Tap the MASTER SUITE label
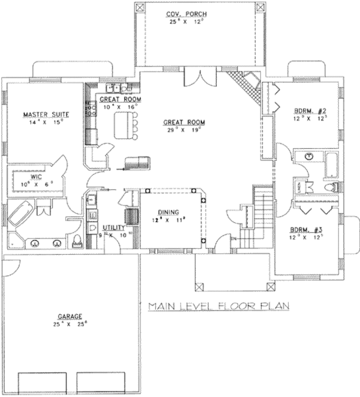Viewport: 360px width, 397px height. [46, 114]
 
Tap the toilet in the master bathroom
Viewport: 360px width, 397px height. [77, 241]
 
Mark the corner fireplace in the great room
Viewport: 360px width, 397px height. [246, 86]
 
